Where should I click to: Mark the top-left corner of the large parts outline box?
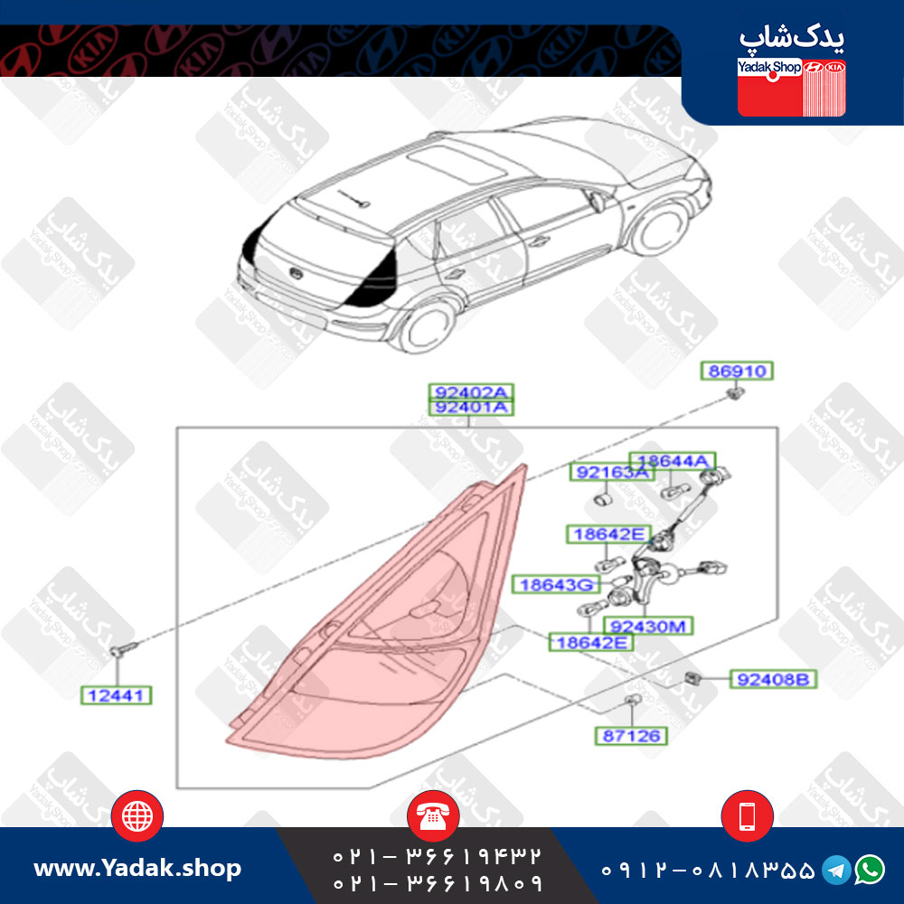[x=176, y=428]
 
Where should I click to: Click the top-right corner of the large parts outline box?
[x=777, y=428]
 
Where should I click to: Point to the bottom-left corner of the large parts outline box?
[x=176, y=787]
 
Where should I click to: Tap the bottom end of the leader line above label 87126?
[x=632, y=727]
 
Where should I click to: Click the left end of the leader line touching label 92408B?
[x=700, y=679]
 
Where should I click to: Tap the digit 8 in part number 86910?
[x=714, y=371]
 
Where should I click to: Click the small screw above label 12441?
[x=122, y=649]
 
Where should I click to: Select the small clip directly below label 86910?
[x=735, y=394]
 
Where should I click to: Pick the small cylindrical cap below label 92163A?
[x=602, y=498]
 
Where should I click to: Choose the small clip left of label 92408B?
[x=692, y=679]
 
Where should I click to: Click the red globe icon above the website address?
[x=137, y=815]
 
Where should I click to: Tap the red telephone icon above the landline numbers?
[x=433, y=815]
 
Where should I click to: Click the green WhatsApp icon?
[x=870, y=869]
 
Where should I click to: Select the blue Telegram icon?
[x=836, y=870]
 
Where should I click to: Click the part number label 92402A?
[x=471, y=392]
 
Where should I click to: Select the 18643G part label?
[x=556, y=585]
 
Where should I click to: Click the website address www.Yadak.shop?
[x=137, y=868]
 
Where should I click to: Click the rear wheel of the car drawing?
[x=426, y=327]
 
